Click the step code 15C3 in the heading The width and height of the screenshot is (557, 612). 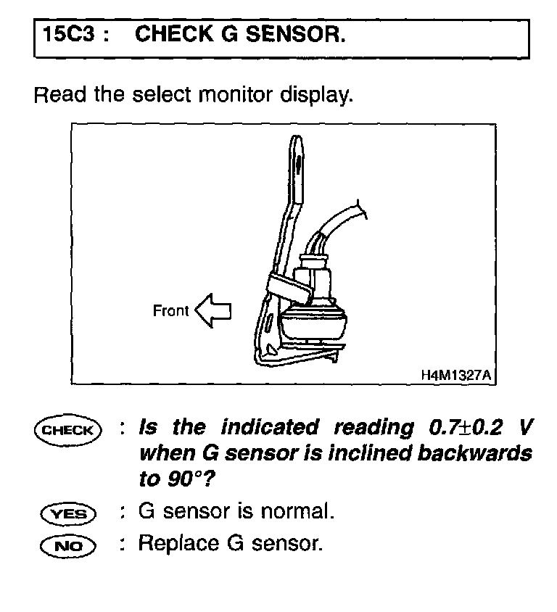tap(70, 35)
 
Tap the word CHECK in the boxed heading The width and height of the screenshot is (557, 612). tap(172, 35)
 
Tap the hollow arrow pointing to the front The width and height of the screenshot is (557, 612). tap(214, 311)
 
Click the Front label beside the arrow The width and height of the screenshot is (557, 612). tap(170, 311)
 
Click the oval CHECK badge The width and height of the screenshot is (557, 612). tap(67, 429)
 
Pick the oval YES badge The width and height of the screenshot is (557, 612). tap(67, 513)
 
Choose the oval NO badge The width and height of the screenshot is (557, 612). tap(67, 544)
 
